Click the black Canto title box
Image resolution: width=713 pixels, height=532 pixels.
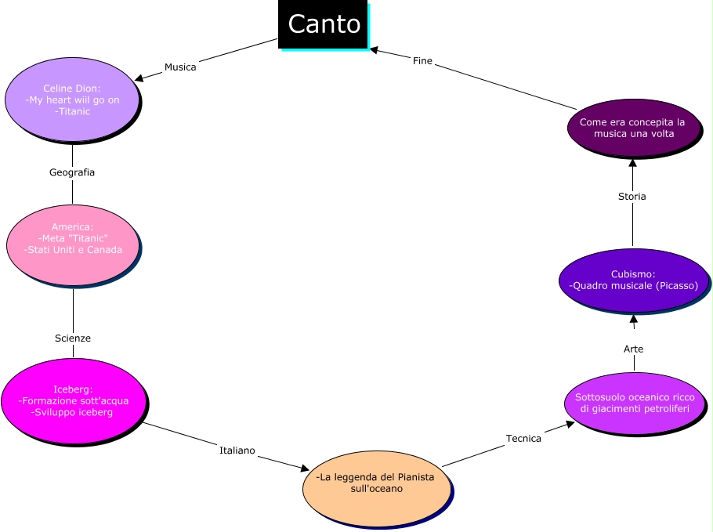point(323,24)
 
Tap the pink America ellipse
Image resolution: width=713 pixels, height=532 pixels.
point(73,244)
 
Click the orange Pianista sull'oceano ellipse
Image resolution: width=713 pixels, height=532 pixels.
point(376,488)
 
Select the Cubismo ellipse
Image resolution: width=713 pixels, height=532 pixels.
point(633,280)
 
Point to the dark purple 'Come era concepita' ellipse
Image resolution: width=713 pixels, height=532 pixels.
point(632,128)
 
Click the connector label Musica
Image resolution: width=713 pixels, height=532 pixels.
point(180,67)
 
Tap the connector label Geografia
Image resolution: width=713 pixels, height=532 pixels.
point(72,172)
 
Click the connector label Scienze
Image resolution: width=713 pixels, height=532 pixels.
point(73,338)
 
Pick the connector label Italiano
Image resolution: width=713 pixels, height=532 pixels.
point(237,451)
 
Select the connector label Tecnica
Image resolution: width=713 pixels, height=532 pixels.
point(523,439)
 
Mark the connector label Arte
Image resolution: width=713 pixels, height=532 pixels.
point(633,349)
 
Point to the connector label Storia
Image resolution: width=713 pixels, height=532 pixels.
point(632,197)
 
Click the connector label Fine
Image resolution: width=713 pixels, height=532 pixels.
point(422,61)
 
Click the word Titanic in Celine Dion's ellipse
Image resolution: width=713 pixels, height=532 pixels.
point(74,111)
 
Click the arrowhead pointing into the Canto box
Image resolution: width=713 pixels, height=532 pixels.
point(375,50)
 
